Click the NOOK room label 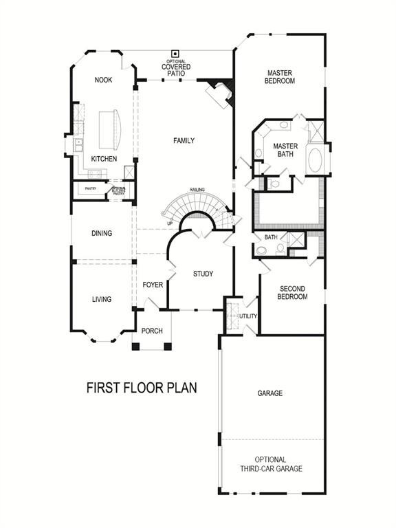coord(103,80)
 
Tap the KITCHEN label coord(104,159)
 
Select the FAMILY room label coord(184,141)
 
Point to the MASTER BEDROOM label coord(280,76)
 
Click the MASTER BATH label coord(285,150)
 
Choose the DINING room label coord(102,234)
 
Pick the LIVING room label coord(102,300)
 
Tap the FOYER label coord(152,285)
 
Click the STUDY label coord(203,274)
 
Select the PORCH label coord(152,331)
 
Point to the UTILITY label coord(247,316)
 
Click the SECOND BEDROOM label coord(291,293)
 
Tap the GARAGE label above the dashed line coord(270,394)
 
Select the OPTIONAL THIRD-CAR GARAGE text coord(270,464)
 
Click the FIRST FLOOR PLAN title coord(142,388)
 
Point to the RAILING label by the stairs coord(198,189)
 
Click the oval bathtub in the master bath coord(316,160)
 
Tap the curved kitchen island coord(110,130)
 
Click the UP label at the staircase coord(170,223)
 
